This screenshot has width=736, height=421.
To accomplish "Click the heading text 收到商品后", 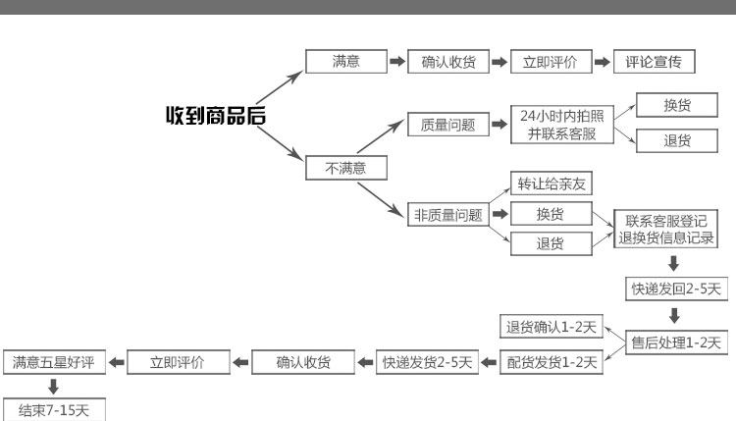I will (x=215, y=117).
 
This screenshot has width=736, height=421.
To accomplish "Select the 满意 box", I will (x=345, y=62).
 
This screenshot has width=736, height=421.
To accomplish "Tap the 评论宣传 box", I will (x=654, y=62).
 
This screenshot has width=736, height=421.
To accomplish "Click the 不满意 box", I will (x=345, y=168).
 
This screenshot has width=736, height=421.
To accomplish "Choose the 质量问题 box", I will (x=447, y=125).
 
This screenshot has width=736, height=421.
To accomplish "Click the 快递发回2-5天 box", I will (x=675, y=289).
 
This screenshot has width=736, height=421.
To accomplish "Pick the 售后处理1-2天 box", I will (x=675, y=342).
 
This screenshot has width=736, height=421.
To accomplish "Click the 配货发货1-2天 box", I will (x=550, y=363).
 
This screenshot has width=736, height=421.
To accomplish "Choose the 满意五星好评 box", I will (x=53, y=363).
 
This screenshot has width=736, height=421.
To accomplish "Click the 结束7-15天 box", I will (x=53, y=409).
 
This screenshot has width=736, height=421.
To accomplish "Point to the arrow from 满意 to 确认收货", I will (x=397, y=62).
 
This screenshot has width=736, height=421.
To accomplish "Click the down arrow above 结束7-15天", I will (x=53, y=387).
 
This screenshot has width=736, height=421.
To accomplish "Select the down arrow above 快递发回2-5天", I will (x=674, y=263).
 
